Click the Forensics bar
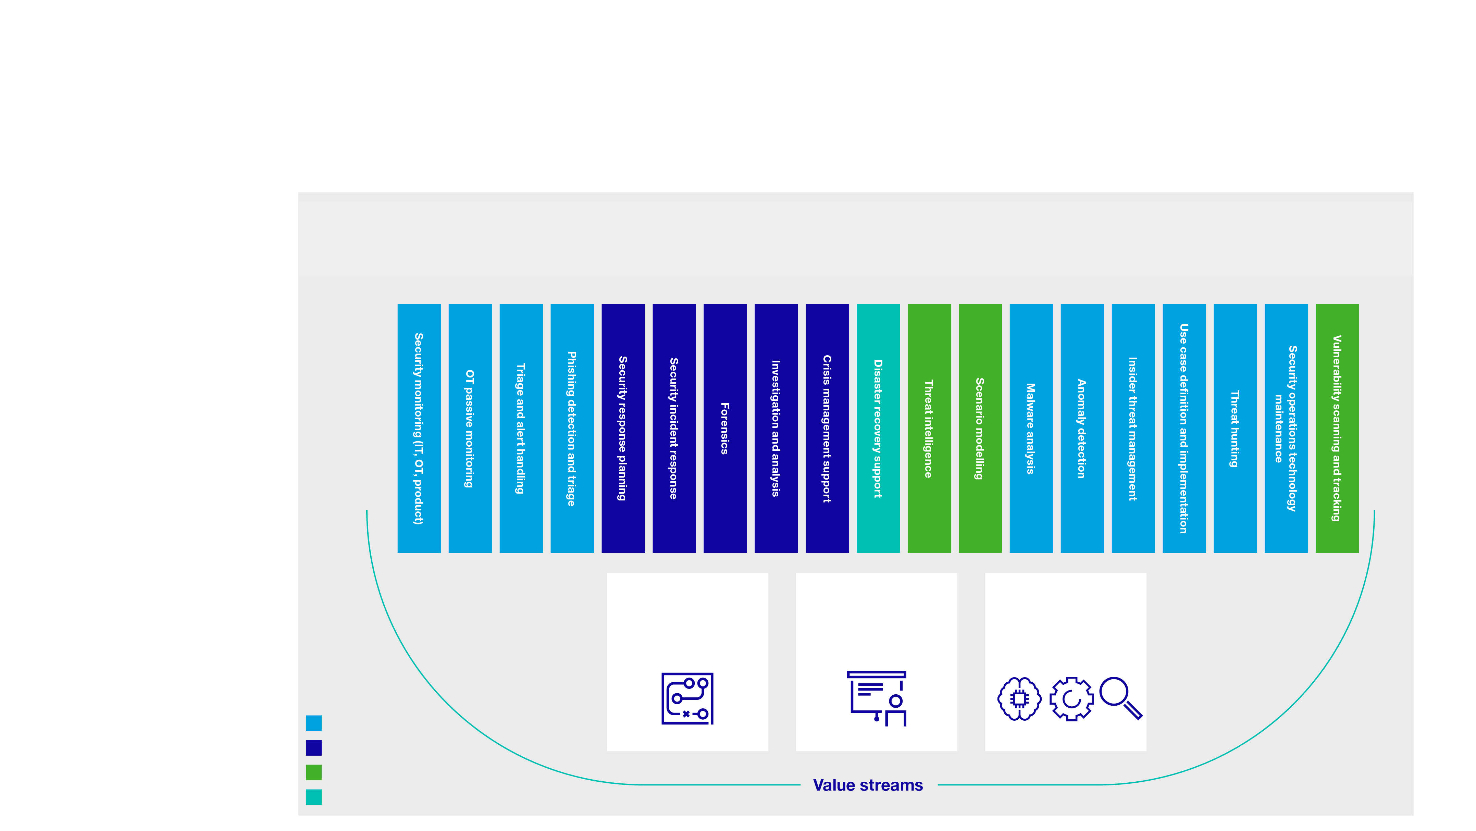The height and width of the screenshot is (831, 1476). click(725, 428)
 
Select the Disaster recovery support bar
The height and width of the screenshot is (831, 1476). click(878, 428)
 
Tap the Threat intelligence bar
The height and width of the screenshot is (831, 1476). click(929, 428)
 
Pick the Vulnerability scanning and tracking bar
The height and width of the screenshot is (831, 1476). click(1337, 428)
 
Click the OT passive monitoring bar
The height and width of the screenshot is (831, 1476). click(470, 428)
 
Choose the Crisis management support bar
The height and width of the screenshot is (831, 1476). click(827, 428)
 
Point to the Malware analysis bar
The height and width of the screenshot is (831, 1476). click(1031, 428)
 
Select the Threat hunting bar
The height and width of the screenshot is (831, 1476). click(1235, 428)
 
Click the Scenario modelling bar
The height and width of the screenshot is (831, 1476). click(980, 428)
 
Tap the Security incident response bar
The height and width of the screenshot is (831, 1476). click(674, 428)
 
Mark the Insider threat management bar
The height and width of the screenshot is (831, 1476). click(1133, 428)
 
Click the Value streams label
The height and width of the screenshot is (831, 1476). click(868, 784)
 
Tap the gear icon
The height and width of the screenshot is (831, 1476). click(1071, 699)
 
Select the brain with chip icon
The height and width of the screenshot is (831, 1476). click(1019, 699)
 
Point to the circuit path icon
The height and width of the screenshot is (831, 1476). click(687, 698)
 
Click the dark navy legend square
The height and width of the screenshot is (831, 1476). click(313, 747)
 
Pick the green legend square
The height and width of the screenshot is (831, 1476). click(313, 772)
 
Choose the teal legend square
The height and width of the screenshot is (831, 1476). click(313, 797)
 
